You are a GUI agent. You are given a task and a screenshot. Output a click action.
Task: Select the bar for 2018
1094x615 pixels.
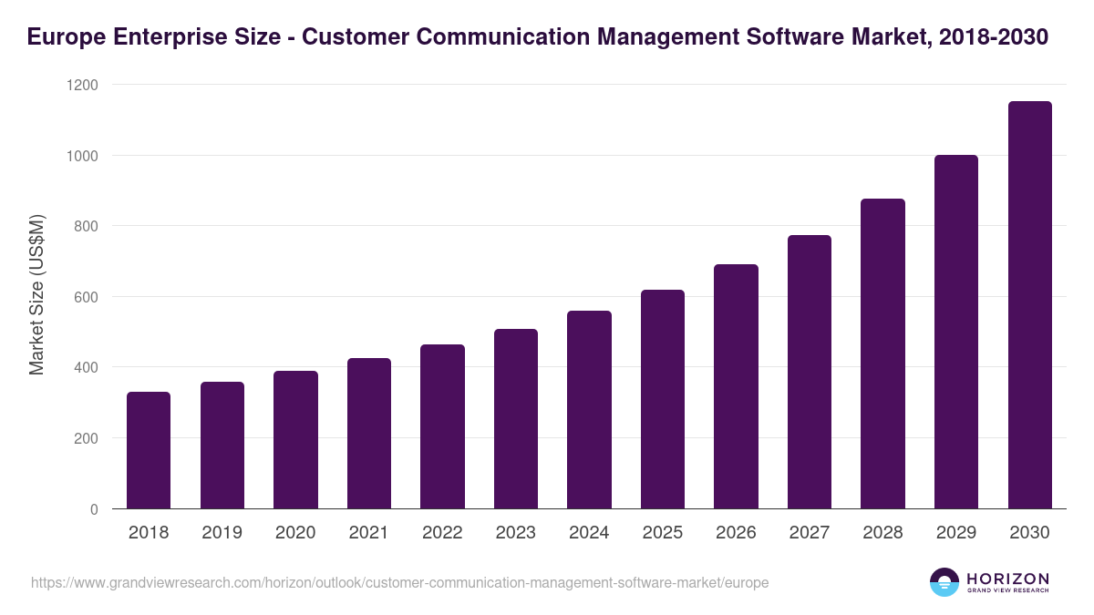(149, 450)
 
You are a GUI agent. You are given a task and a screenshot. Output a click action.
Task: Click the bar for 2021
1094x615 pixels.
(369, 434)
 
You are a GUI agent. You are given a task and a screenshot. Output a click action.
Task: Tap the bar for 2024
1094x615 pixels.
(589, 410)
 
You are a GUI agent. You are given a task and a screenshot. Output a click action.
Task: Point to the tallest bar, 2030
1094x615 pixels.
(1030, 305)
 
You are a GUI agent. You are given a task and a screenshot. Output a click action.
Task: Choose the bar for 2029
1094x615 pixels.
(956, 332)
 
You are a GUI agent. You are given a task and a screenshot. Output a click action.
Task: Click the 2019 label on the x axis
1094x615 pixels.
(222, 533)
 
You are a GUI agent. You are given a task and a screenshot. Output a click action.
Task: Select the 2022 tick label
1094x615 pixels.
(442, 533)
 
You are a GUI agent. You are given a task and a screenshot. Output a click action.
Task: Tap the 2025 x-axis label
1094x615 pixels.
(663, 533)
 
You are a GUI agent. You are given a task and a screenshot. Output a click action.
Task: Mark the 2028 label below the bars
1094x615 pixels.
(882, 533)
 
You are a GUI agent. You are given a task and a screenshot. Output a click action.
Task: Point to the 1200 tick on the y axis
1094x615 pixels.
(80, 85)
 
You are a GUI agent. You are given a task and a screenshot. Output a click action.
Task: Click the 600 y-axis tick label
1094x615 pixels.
(86, 297)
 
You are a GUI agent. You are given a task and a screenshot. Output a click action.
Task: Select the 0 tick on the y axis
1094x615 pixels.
(94, 509)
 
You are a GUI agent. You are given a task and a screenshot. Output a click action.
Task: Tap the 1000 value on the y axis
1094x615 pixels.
(80, 156)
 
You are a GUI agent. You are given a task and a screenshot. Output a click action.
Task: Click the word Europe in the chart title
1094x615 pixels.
(65, 37)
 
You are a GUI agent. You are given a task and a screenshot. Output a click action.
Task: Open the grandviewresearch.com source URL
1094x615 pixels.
(399, 582)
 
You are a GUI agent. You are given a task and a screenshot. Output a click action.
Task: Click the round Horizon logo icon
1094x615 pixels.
(944, 582)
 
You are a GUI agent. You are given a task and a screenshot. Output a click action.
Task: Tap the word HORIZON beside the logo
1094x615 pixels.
(1007, 579)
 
